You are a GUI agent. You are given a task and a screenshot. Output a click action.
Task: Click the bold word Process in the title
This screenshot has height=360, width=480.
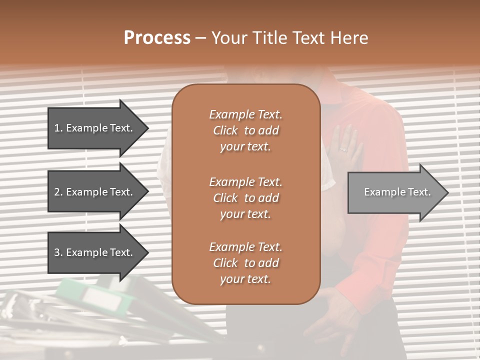(157, 38)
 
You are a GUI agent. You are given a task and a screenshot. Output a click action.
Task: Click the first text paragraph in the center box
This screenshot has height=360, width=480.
(245, 130)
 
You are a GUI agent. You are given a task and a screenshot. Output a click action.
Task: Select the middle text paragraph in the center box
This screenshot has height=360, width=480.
(245, 197)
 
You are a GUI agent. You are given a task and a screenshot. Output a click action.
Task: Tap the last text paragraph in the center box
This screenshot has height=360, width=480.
(245, 263)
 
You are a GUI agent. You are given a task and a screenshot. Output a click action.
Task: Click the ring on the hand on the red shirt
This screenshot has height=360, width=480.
(343, 149)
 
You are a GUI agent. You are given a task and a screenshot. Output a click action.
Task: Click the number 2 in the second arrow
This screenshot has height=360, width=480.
(56, 192)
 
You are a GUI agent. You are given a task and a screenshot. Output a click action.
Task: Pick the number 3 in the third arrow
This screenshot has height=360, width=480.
(56, 252)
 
